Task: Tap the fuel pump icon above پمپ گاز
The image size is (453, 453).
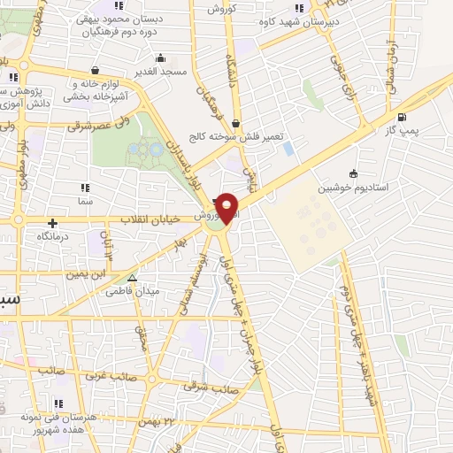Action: coord(403,118)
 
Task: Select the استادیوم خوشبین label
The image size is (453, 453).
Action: coord(354,188)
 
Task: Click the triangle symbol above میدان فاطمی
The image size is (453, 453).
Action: coord(132,277)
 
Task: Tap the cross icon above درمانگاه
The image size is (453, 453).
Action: coord(53,223)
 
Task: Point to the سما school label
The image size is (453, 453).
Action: coord(85,202)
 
